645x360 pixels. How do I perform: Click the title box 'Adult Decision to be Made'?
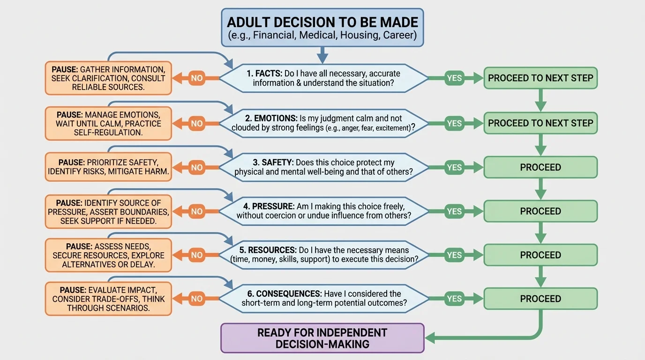pyautogui.click(x=322, y=28)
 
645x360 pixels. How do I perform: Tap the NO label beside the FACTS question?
pyautogui.click(x=197, y=78)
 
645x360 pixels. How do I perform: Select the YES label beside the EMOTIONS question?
pyautogui.click(x=454, y=123)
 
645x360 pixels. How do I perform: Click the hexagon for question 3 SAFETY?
pyautogui.click(x=323, y=167)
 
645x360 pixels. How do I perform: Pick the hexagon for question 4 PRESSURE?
pyautogui.click(x=323, y=211)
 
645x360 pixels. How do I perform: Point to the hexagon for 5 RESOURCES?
pyautogui.click(x=323, y=255)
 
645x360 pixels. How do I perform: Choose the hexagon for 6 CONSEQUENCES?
pyautogui.click(x=323, y=299)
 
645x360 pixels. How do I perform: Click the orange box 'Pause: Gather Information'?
pyautogui.click(x=108, y=78)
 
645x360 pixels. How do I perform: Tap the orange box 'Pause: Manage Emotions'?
pyautogui.click(x=108, y=123)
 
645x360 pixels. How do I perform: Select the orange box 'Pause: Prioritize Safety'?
pyautogui.click(x=108, y=167)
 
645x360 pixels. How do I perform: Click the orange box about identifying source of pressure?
pyautogui.click(x=108, y=211)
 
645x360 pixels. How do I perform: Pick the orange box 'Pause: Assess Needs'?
pyautogui.click(x=108, y=255)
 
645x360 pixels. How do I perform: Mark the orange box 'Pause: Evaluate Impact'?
pyautogui.click(x=108, y=299)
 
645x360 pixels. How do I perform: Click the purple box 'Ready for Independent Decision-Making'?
pyautogui.click(x=322, y=338)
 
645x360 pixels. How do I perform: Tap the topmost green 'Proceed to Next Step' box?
pyautogui.click(x=540, y=78)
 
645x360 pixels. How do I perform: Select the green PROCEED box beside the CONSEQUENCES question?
pyautogui.click(x=540, y=299)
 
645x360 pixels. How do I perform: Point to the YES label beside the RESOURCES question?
pyautogui.click(x=454, y=255)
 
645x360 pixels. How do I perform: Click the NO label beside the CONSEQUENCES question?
pyautogui.click(x=197, y=299)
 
